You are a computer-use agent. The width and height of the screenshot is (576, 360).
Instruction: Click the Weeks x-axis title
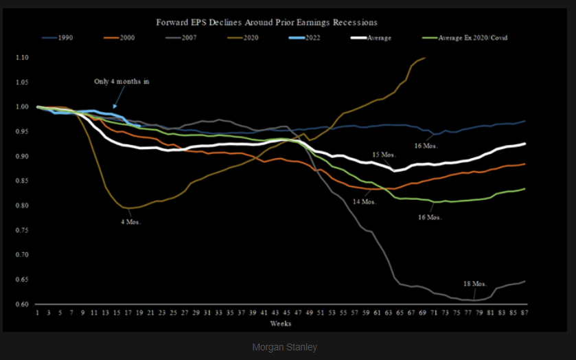[x=280, y=323]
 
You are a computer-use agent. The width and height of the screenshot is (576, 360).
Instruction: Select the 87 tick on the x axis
[x=525, y=313]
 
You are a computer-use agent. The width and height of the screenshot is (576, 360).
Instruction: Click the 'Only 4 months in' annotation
[x=122, y=81]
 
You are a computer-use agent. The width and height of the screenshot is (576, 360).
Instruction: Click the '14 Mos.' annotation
[x=364, y=202]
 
